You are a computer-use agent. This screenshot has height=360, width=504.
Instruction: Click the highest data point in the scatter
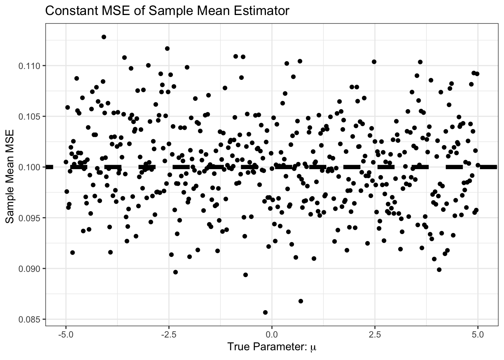[x=104, y=37]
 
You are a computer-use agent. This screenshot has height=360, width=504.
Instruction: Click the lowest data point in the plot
[x=265, y=312]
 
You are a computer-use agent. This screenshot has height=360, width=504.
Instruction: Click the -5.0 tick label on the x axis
[x=66, y=333]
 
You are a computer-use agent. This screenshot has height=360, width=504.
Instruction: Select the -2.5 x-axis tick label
[x=168, y=333]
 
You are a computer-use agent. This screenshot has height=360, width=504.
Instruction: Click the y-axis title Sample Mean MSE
[x=10, y=176]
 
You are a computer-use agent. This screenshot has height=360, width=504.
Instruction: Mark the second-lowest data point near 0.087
[x=300, y=301]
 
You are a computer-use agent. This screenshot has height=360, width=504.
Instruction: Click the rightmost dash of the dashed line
[x=489, y=167]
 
